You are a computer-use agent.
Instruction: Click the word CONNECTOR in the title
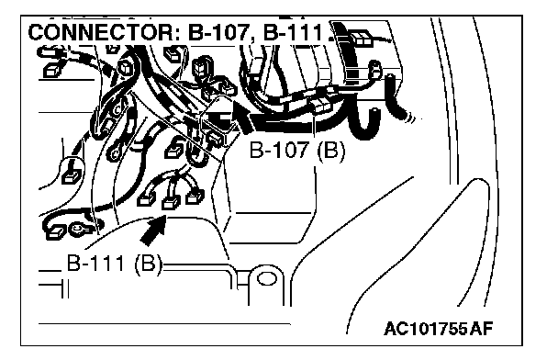pos(100,32)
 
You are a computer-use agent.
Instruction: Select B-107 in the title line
pos(218,32)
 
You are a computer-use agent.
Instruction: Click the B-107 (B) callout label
pos(297,151)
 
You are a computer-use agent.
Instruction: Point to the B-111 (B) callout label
pos(115,264)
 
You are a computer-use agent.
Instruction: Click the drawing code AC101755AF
pos(439,329)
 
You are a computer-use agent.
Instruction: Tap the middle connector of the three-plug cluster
pos(171,203)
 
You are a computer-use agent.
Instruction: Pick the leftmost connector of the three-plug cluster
pos(147,198)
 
